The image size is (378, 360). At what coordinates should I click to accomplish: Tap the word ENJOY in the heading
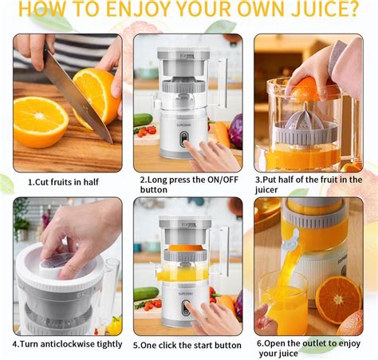(142, 10)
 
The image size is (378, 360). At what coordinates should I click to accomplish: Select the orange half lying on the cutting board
(40, 121)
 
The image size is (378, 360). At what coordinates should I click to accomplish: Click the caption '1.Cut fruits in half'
(63, 181)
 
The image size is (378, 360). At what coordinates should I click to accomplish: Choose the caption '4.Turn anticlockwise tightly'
(67, 344)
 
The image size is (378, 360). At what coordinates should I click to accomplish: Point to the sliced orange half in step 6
(337, 299)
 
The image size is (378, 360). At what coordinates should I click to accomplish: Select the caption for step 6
(310, 349)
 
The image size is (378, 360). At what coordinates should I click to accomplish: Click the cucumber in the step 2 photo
(143, 120)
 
